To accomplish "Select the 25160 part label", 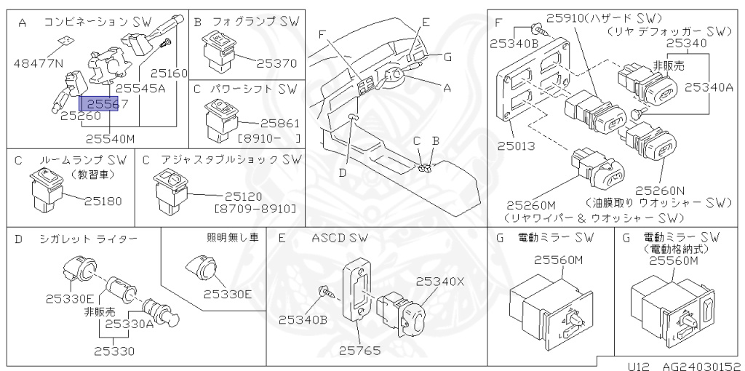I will pos(170,73).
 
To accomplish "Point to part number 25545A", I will pos(140,89).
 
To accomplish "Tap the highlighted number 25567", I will pos(104,105).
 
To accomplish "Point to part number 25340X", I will pos(439,281).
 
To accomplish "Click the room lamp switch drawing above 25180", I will pos(45,188).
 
